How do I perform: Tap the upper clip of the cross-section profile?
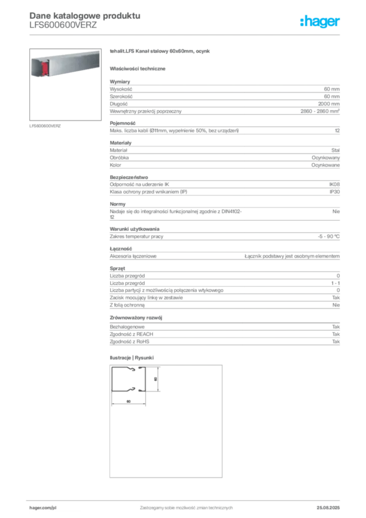[x=132, y=370]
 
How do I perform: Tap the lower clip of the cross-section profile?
[x=132, y=388]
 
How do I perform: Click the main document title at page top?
[x=83, y=14]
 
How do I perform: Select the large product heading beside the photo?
[x=162, y=52]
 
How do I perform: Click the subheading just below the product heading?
[x=139, y=68]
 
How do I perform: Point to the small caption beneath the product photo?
[x=46, y=125]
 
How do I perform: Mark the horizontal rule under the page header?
[x=186, y=34]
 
